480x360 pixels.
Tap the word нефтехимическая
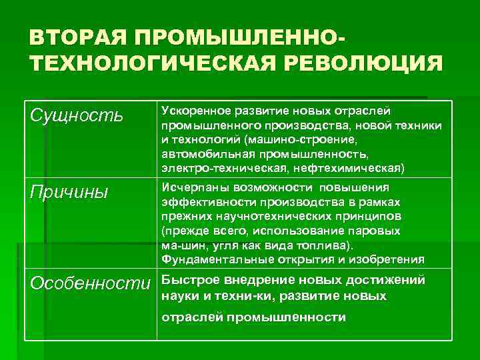click(x=343, y=166)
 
